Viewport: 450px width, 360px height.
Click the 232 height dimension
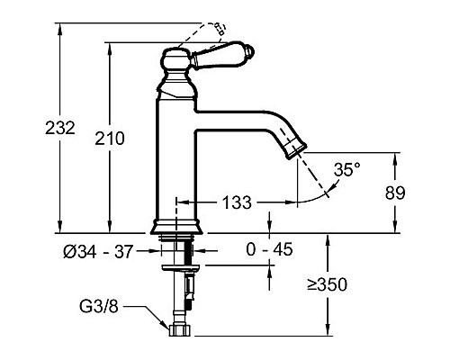[60, 128]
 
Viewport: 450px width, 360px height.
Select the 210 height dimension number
[110, 139]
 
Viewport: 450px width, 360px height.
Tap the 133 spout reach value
[237, 202]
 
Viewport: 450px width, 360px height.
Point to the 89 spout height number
[395, 193]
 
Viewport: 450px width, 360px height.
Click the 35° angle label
[347, 169]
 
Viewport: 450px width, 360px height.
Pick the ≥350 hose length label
[328, 284]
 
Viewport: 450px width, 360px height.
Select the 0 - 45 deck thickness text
[269, 249]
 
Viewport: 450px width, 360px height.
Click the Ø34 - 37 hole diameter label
[98, 251]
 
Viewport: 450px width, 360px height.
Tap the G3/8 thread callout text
[99, 307]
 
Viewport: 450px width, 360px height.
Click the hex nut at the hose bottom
[180, 330]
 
